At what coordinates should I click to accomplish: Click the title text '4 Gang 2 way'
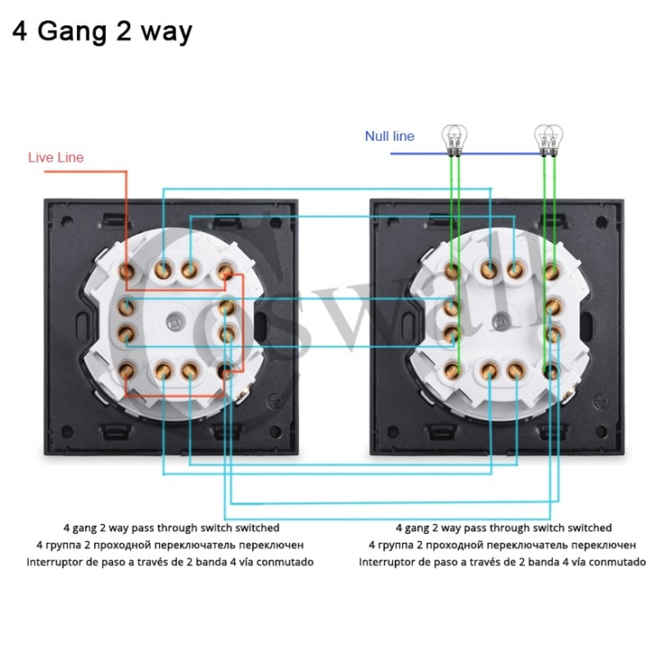click(x=102, y=31)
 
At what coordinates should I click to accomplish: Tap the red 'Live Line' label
click(x=56, y=158)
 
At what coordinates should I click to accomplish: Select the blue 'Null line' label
click(x=389, y=136)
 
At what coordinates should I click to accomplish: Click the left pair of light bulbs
click(x=455, y=140)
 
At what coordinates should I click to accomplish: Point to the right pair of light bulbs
click(x=548, y=140)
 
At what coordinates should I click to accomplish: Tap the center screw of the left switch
click(x=173, y=321)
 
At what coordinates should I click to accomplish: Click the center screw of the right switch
click(x=498, y=321)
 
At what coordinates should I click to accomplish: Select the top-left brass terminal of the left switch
click(x=126, y=272)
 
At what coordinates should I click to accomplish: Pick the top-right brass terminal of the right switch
click(x=552, y=272)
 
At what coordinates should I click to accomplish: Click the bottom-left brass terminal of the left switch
click(x=126, y=370)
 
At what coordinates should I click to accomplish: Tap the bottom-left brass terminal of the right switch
click(x=452, y=370)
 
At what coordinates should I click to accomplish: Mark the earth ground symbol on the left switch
click(x=276, y=401)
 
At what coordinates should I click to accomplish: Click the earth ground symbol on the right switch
click(x=601, y=400)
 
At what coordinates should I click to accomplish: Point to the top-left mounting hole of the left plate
click(x=66, y=222)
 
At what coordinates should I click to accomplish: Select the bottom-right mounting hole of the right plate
click(x=600, y=432)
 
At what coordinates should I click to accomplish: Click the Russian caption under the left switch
click(x=170, y=546)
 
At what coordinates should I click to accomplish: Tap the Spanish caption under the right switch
click(x=502, y=562)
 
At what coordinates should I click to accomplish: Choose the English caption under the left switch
click(x=171, y=528)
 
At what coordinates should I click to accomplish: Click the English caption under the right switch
click(x=503, y=528)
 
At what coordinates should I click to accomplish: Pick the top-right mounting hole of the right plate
click(x=600, y=222)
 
